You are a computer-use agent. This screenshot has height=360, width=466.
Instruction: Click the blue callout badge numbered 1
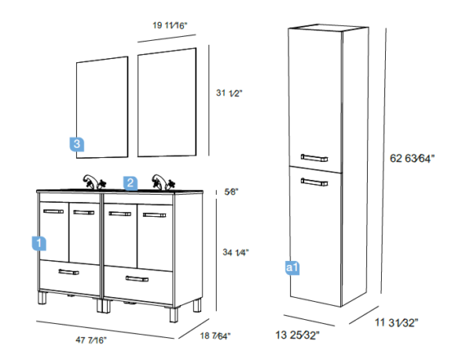click(x=39, y=243)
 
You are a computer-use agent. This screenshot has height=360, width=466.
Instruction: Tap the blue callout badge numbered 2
click(x=131, y=183)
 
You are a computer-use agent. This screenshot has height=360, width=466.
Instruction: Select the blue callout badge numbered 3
click(x=77, y=144)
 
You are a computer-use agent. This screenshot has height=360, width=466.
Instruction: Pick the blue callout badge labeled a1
click(x=292, y=268)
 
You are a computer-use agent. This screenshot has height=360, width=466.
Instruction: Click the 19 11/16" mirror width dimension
click(x=170, y=25)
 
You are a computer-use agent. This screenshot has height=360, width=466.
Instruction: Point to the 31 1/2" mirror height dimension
click(x=229, y=93)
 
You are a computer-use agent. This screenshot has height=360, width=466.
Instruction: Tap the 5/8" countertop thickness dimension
click(x=231, y=192)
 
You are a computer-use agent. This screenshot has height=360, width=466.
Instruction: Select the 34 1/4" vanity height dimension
click(x=235, y=253)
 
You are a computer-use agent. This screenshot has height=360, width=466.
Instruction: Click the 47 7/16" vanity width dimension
click(x=91, y=340)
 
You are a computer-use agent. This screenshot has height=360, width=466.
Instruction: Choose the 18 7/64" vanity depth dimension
click(x=216, y=336)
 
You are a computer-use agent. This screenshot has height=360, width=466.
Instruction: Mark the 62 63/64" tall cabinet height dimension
click(x=412, y=158)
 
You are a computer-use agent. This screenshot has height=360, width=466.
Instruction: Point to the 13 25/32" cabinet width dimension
click(x=298, y=335)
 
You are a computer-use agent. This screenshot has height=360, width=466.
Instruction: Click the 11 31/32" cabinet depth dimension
click(x=397, y=322)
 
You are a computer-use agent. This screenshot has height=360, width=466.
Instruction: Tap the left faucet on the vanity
click(x=94, y=182)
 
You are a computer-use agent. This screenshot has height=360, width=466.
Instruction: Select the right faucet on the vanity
click(x=163, y=182)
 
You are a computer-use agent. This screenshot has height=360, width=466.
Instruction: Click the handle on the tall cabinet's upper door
click(x=314, y=158)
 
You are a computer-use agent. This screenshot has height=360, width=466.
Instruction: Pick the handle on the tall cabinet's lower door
click(x=314, y=182)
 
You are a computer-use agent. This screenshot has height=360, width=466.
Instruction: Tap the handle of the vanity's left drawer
click(x=69, y=272)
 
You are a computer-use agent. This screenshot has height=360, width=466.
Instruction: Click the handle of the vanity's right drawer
click(x=137, y=279)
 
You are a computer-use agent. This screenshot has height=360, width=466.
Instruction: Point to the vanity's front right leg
click(x=174, y=315)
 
